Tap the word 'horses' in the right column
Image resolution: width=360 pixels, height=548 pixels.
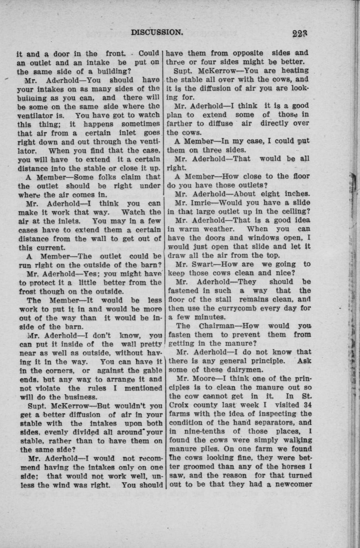pyautogui.click(x=291, y=467)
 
